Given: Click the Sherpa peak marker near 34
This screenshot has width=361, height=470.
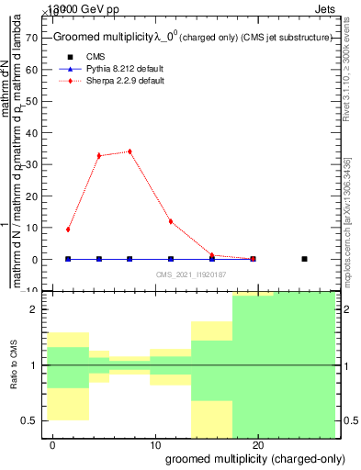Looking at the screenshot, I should click(x=130, y=151).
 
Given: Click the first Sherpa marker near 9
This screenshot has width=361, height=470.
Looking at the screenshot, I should click(x=68, y=229).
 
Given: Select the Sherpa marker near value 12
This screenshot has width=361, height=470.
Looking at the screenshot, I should click(x=171, y=221).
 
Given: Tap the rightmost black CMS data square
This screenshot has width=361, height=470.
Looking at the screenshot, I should click(x=304, y=259).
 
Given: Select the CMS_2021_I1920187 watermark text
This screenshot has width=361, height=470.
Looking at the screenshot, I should click(x=191, y=274).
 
